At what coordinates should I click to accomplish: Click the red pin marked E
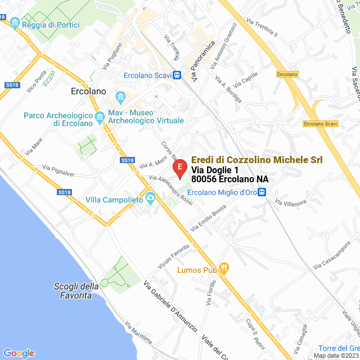179,168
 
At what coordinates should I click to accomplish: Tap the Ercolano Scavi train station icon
176,74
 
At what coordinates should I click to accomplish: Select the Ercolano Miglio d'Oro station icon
262,192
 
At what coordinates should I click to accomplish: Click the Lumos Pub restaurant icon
223,269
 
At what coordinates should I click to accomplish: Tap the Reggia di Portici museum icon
15,24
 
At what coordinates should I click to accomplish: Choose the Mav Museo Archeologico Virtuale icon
120,97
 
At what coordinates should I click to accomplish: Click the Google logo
19,353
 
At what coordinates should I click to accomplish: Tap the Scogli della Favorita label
73,290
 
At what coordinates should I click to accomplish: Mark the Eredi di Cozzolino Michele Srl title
257,160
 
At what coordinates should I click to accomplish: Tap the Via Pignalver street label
58,169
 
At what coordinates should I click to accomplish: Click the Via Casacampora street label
333,254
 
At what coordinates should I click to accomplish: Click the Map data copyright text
336,355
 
